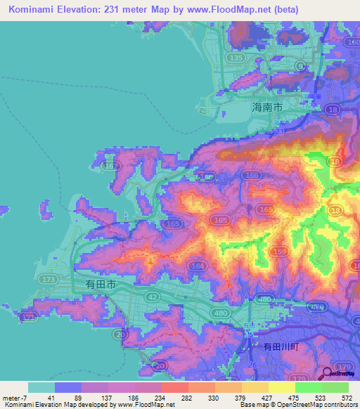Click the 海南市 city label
pyautogui.click(x=267, y=108)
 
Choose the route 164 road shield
pyautogui.click(x=198, y=266)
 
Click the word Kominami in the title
pyautogui.click(x=34, y=9)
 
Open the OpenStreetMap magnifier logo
pyautogui.click(x=328, y=375)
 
